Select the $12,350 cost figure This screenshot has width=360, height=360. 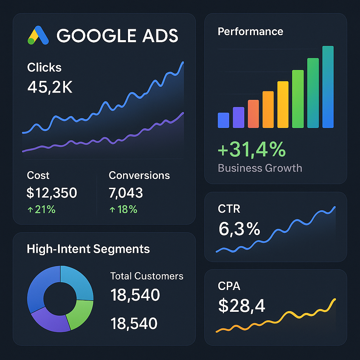pyautogui.click(x=52, y=193)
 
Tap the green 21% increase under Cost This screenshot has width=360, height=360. pyautogui.click(x=41, y=210)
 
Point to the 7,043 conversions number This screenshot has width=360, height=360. pyautogui.click(x=126, y=193)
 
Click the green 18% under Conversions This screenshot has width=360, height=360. pyautogui.click(x=123, y=210)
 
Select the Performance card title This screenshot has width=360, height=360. pyautogui.click(x=250, y=31)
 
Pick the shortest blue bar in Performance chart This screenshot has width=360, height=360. pyautogui.click(x=223, y=120)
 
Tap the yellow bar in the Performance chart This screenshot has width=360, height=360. pyautogui.click(x=283, y=104)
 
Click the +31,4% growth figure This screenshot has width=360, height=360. pyautogui.click(x=252, y=150)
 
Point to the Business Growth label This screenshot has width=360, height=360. pyautogui.click(x=260, y=168)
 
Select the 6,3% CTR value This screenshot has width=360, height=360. pyautogui.click(x=239, y=229)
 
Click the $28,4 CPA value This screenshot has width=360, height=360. pyautogui.click(x=242, y=306)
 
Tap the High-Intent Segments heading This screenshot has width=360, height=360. pyautogui.click(x=88, y=249)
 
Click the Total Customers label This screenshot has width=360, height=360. pyautogui.click(x=147, y=276)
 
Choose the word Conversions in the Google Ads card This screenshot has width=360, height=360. pyautogui.click(x=139, y=175)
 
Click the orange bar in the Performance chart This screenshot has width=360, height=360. pyautogui.click(x=268, y=109)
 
